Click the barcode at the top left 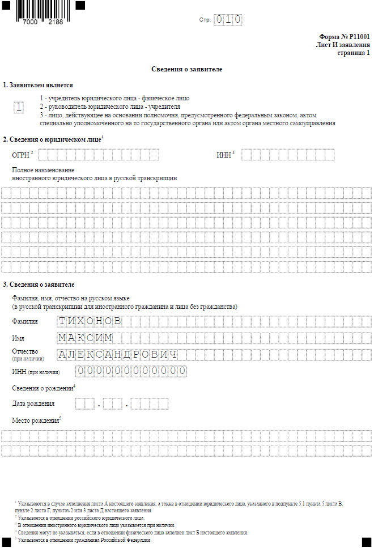39,10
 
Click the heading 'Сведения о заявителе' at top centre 186,69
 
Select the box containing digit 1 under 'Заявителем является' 19,107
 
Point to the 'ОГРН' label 20,155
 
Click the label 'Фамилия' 25,321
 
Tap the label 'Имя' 18,338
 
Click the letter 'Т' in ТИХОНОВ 63,321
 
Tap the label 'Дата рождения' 33,403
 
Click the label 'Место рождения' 35,420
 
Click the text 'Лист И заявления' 343,45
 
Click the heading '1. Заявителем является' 38,85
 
